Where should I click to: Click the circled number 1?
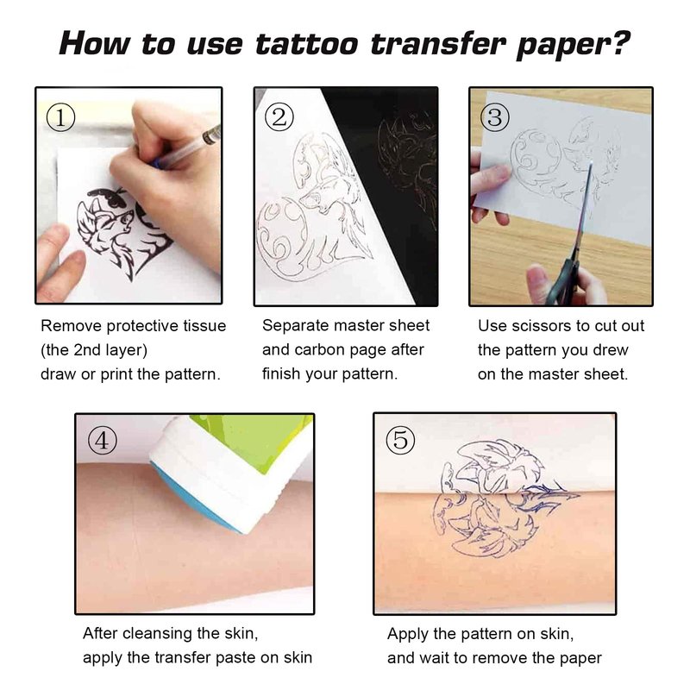(60, 117)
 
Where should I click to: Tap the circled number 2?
(279, 116)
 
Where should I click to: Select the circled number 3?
(494, 117)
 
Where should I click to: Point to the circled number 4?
(102, 441)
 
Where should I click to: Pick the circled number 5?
(400, 440)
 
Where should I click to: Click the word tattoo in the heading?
(307, 45)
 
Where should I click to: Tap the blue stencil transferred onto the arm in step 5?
(498, 524)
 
